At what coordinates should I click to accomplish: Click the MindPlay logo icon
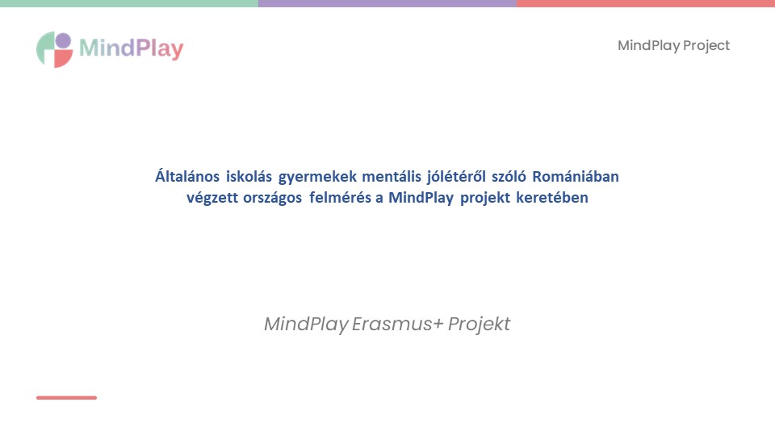pos(54,49)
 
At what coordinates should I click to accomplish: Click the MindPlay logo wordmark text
pos(132,48)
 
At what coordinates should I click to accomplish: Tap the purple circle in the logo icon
pos(63,40)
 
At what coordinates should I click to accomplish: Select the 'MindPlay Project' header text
pos(673,45)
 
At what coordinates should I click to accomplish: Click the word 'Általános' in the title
pos(187,176)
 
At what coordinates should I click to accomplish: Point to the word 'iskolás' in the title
pos(249,177)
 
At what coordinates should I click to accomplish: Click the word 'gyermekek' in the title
pos(317,177)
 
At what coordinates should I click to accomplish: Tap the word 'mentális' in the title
pos(392,177)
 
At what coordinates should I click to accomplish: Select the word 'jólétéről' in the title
pos(456,177)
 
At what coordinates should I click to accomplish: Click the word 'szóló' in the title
pos(509,177)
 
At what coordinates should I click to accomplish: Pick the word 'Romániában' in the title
pos(576,177)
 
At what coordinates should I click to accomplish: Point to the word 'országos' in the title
pos(272,198)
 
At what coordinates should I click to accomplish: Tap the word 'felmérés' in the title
pos(340,197)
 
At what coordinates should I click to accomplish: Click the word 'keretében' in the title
pos(552,197)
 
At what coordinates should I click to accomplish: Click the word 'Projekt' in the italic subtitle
pos(479,325)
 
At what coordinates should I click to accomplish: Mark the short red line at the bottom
pos(67,397)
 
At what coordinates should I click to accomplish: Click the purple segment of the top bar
pos(387,3)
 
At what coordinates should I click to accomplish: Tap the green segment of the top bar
pos(129,3)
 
